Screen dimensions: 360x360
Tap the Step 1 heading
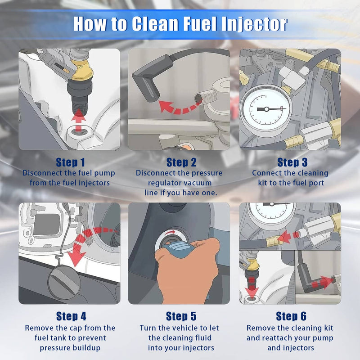tap(71, 162)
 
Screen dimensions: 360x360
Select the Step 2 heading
tap(181, 162)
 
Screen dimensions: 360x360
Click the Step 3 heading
tap(292, 162)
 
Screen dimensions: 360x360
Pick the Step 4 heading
tap(71, 316)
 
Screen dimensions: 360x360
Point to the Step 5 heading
tap(181, 316)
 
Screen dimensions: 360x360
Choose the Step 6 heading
tap(291, 316)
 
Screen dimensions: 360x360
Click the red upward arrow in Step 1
tap(78, 120)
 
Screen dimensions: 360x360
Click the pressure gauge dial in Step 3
tap(266, 109)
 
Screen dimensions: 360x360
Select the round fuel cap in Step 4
tap(64, 282)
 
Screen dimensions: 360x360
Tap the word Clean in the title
tap(155, 24)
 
